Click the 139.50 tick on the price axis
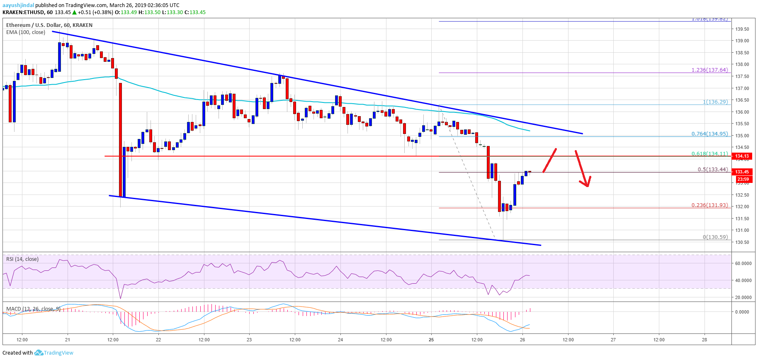pos(742,29)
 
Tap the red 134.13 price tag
pos(742,156)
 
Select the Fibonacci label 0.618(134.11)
pos(709,154)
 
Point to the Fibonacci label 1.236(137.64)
pos(709,70)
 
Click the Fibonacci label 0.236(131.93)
pos(709,205)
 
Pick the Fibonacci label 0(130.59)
pos(715,237)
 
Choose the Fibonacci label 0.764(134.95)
pos(709,134)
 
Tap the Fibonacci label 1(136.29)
pos(715,102)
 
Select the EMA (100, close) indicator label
pos(26,32)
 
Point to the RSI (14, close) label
pos(22,259)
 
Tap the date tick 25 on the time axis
pos(431,340)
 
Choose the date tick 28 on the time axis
pos(704,340)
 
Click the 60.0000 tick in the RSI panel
pos(743,263)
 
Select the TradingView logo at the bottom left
pos(54,353)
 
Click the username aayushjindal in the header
pos(18,5)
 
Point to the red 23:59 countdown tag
pos(743,180)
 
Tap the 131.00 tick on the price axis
pos(742,231)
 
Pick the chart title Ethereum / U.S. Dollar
pos(34,25)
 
